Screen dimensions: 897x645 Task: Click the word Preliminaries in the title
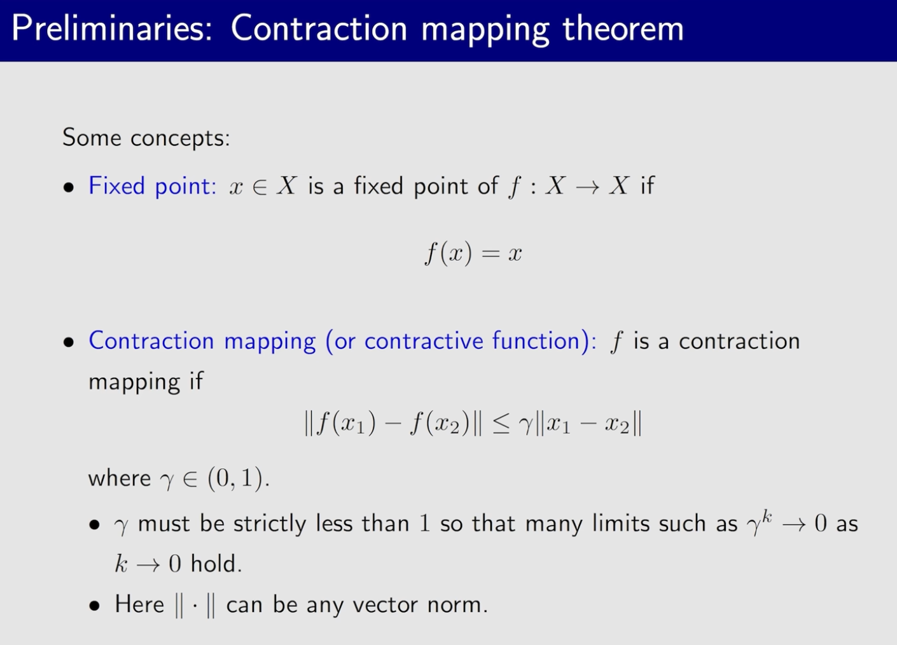[111, 29]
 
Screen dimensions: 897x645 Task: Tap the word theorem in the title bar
[623, 29]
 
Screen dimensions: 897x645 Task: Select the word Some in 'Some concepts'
[92, 137]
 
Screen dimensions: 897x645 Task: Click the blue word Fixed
[116, 186]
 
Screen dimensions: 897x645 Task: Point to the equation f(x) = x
[473, 253]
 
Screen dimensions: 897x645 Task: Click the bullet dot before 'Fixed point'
[69, 188]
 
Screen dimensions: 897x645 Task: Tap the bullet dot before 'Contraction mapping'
[69, 342]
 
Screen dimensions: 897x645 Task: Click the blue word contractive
[424, 341]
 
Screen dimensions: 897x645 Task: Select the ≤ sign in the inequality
[501, 423]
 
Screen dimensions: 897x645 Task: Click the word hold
[216, 564]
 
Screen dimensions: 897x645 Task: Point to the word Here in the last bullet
[139, 604]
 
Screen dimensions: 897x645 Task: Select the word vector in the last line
[386, 604]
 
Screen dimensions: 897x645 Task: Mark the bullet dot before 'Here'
[95, 606]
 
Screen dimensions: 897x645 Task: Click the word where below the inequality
[120, 478]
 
